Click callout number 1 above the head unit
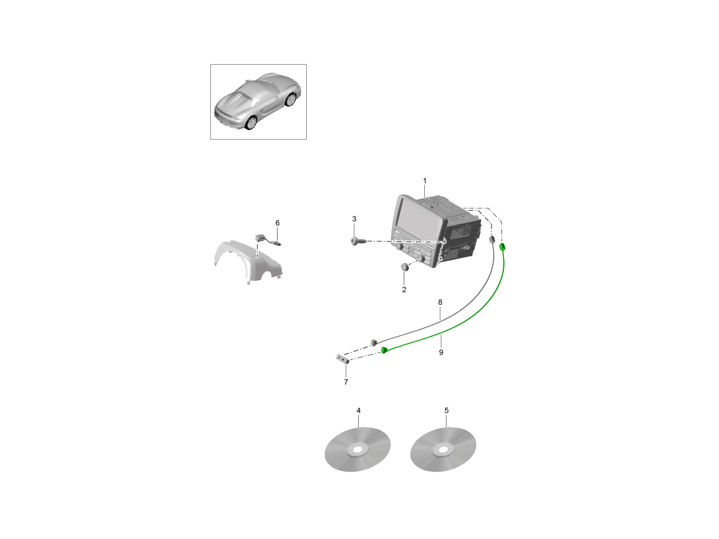click(x=425, y=181)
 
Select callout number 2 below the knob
click(x=404, y=290)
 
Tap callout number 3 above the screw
click(x=354, y=219)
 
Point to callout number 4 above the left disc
click(x=358, y=410)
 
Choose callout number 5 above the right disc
click(x=446, y=410)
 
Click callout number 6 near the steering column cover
click(x=277, y=223)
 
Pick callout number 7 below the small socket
click(x=346, y=382)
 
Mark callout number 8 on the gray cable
click(x=440, y=302)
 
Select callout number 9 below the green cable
click(x=441, y=353)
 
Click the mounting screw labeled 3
click(x=355, y=241)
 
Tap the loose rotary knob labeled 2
click(x=405, y=267)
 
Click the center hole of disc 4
click(x=357, y=450)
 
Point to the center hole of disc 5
click(x=443, y=450)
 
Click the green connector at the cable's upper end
click(x=502, y=247)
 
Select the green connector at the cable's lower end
click(x=384, y=350)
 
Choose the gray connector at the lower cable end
click(x=373, y=343)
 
